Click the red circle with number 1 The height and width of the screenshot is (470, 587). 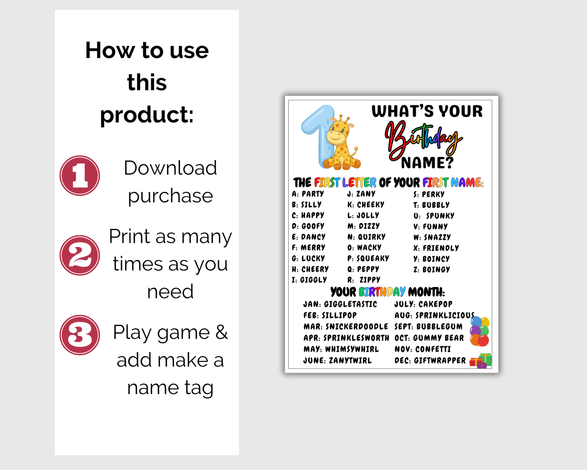80,176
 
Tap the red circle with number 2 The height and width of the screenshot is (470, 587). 80,255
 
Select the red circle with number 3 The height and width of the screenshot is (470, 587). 80,335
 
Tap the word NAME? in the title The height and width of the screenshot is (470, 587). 427,163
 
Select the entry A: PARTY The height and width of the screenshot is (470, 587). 308,194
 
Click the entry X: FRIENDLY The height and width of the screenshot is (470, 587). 436,248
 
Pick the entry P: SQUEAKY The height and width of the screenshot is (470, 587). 368,258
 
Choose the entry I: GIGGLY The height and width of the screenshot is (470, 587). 309,280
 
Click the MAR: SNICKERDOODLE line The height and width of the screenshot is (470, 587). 346,326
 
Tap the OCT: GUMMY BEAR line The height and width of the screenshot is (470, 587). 429,338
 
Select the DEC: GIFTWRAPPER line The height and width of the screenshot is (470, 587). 430,361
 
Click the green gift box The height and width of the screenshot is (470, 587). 485,359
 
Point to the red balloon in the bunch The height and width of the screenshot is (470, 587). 483,341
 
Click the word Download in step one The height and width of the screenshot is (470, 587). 170,168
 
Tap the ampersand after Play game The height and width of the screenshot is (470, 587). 221,332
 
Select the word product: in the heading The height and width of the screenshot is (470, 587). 147,115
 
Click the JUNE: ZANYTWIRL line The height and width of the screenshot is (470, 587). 338,361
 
